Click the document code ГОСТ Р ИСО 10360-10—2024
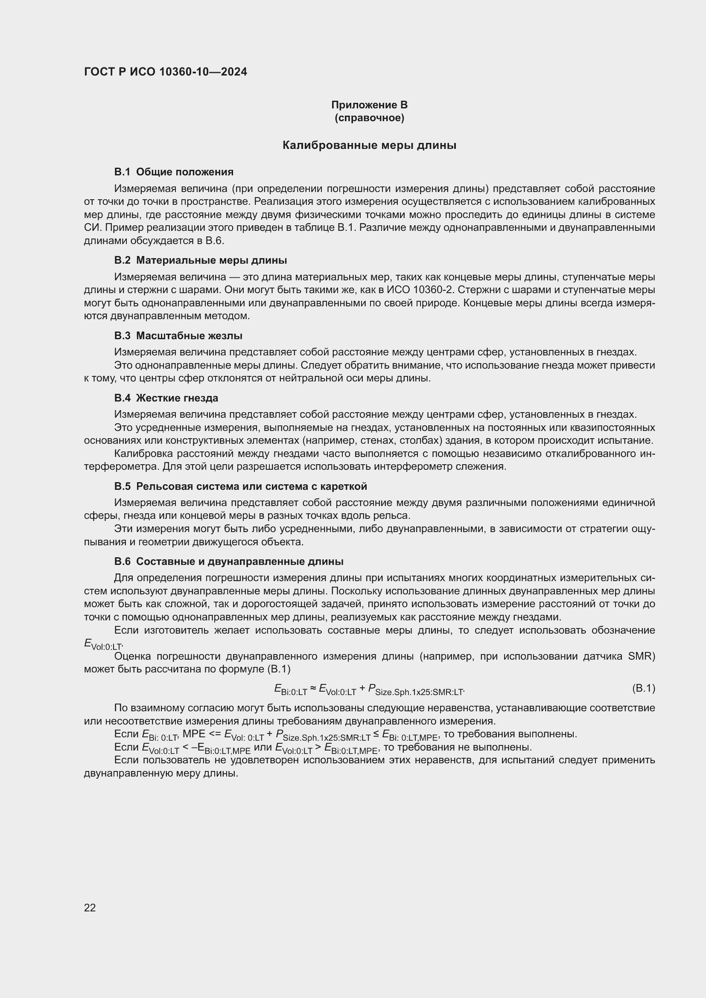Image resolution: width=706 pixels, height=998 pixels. (165, 72)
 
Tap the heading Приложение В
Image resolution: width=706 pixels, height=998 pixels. (369, 105)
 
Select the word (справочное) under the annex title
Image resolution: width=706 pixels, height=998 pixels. (369, 118)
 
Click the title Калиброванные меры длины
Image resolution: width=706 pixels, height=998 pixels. (369, 145)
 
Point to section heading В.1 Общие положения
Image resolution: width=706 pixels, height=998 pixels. (173, 172)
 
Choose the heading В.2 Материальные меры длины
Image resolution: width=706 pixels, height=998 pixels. (201, 260)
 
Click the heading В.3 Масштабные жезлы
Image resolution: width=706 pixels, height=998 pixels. (178, 335)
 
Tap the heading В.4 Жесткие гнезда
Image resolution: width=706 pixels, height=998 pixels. (166, 398)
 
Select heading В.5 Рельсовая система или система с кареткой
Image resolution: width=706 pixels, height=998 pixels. (240, 486)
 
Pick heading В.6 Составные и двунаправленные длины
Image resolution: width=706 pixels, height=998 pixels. (229, 562)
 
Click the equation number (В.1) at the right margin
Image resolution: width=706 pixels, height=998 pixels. (643, 688)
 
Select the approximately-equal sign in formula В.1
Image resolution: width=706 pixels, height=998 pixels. (313, 689)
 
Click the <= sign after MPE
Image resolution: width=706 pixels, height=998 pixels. (215, 734)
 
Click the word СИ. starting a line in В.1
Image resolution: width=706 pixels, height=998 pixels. (93, 228)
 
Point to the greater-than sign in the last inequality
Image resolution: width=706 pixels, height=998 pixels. (318, 747)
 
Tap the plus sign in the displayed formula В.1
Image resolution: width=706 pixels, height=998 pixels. (362, 689)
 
